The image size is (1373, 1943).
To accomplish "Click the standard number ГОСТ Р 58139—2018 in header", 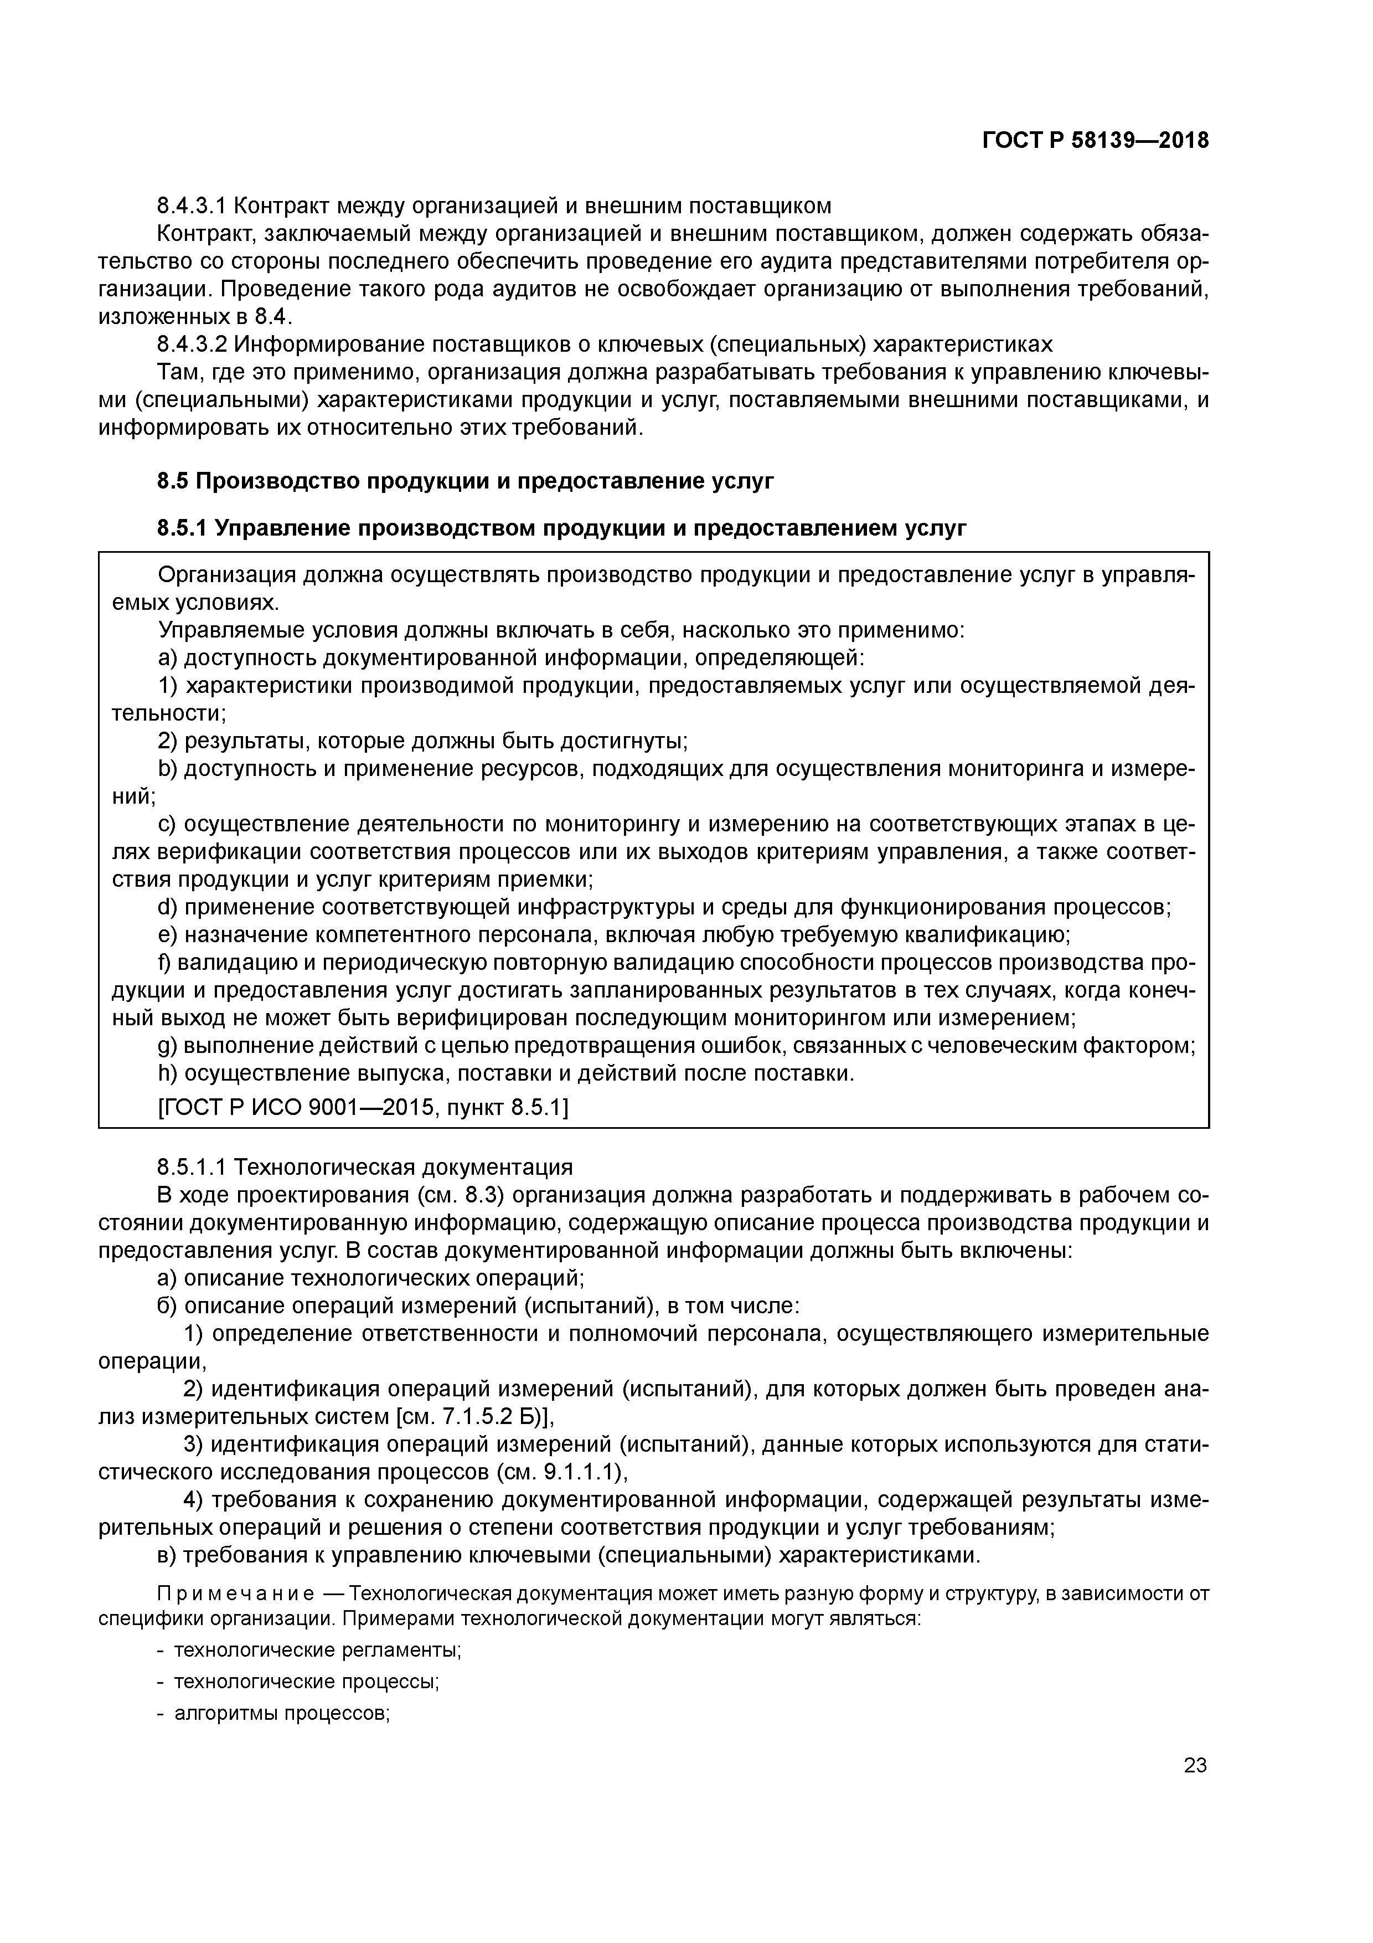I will pos(1095,141).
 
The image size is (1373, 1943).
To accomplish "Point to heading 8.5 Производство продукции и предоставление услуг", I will pos(465,481).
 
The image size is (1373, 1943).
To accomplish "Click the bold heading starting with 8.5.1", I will pos(562,529).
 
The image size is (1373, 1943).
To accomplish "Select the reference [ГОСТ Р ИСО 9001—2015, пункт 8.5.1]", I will pos(364,1108).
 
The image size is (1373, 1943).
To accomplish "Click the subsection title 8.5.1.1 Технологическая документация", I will pos(365,1167).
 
